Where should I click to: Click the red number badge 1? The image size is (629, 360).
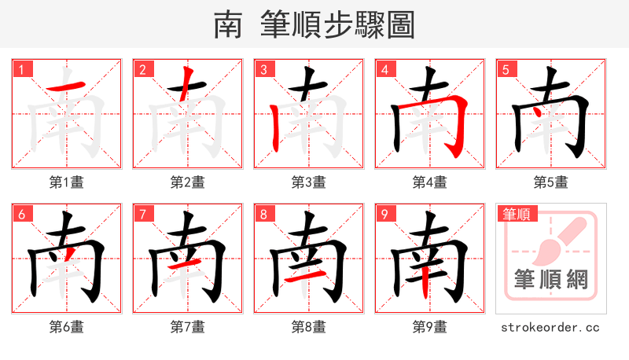(x=21, y=69)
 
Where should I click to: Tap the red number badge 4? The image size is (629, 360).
(x=384, y=69)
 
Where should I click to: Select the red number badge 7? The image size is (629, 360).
(x=142, y=214)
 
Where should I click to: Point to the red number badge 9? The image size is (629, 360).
(x=384, y=214)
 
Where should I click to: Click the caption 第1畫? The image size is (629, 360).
(x=67, y=182)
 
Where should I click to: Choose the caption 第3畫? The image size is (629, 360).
(x=308, y=182)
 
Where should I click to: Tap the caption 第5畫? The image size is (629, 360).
(x=550, y=182)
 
